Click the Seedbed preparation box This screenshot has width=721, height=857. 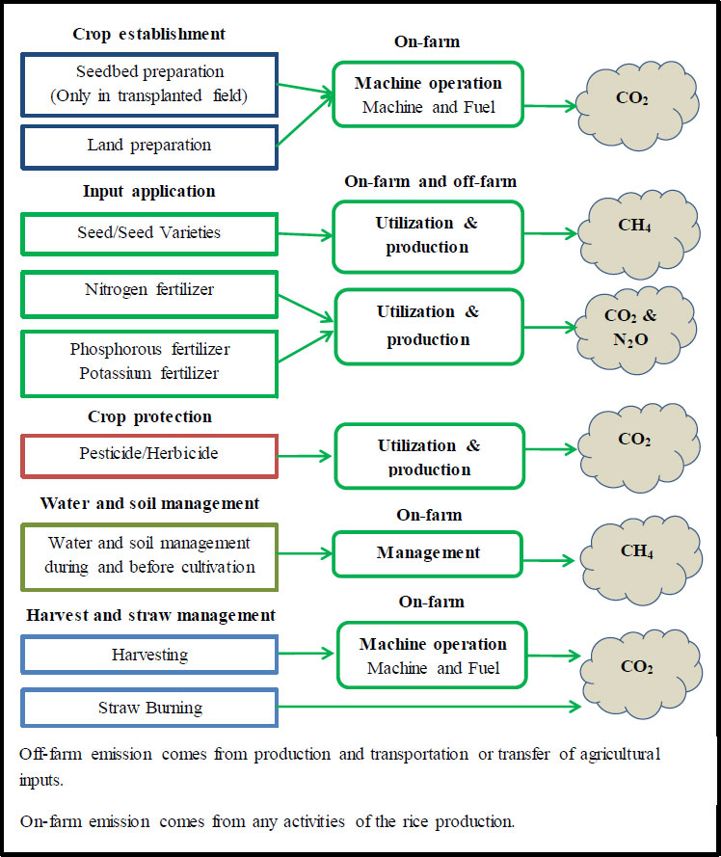[x=148, y=84]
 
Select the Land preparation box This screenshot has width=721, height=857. [x=148, y=145]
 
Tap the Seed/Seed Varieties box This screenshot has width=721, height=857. [x=148, y=233]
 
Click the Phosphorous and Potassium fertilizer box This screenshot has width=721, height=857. [x=148, y=362]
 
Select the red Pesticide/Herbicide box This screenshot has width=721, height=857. [x=148, y=454]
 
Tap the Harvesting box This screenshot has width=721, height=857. [x=148, y=655]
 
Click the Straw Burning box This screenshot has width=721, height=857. [x=148, y=708]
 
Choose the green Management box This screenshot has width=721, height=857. [x=428, y=553]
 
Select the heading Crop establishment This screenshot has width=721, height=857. [x=148, y=34]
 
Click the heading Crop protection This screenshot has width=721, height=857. [x=148, y=417]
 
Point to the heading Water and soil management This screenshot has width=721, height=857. [x=149, y=503]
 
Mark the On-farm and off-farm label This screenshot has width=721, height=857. [x=430, y=181]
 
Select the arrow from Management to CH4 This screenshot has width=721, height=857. [x=551, y=555]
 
